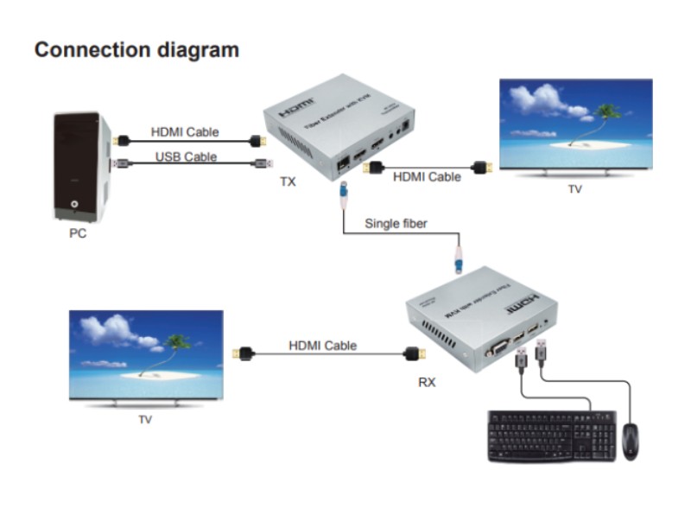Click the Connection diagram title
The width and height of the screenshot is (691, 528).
[136, 49]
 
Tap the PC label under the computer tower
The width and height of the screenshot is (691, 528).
[78, 232]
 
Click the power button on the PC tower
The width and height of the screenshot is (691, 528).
[77, 206]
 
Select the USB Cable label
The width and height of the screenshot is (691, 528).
[186, 156]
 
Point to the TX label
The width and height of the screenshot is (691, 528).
[287, 182]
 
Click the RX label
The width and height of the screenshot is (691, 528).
[427, 381]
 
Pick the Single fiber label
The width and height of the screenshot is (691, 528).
[396, 224]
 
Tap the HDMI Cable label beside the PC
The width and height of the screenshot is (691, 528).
[185, 132]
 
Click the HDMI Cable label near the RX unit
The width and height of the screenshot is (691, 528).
[322, 346]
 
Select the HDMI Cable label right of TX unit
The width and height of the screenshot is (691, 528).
[427, 176]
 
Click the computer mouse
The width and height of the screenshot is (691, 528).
[631, 441]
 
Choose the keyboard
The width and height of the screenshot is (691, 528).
[551, 436]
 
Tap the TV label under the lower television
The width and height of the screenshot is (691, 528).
[145, 419]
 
